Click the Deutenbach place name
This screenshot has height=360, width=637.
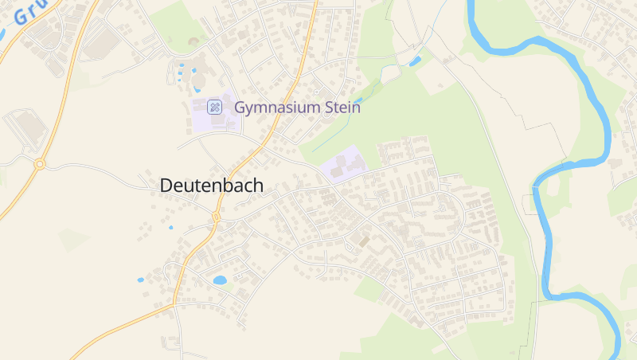[x=211, y=185]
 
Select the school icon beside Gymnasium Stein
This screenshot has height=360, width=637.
[x=214, y=107]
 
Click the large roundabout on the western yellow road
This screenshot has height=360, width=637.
[x=40, y=164]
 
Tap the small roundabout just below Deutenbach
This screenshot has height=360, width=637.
[x=216, y=217]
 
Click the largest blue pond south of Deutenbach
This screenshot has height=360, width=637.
[x=220, y=280]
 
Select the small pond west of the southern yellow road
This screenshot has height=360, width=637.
[x=141, y=280]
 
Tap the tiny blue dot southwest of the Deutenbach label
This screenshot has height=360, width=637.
[x=170, y=228]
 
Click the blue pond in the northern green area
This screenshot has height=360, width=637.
[x=414, y=61]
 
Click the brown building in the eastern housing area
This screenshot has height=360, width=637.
[x=364, y=239]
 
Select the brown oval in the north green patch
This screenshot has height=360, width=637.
[x=194, y=41]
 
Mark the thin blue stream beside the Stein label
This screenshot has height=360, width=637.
[x=334, y=136]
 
